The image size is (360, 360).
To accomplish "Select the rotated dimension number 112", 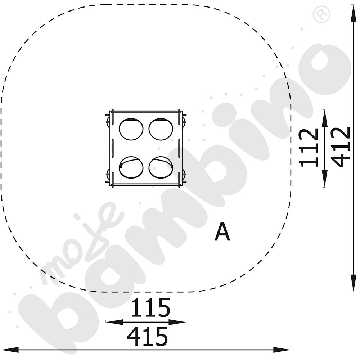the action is pyautogui.click(x=309, y=147).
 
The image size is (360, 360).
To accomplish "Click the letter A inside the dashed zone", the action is pyautogui.click(x=222, y=231).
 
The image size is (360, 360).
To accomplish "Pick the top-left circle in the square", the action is pyautogui.click(x=131, y=129).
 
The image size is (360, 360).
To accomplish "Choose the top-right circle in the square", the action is pyautogui.click(x=161, y=129).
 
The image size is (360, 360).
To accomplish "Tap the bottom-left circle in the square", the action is pyautogui.click(x=131, y=167).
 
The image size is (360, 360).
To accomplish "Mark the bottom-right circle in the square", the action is pyautogui.click(x=161, y=167).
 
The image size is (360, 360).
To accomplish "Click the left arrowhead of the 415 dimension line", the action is pyautogui.click(x=9, y=350).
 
